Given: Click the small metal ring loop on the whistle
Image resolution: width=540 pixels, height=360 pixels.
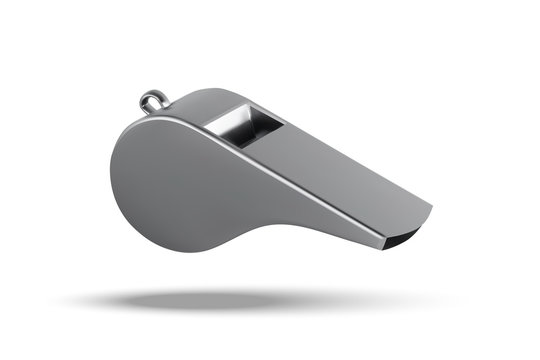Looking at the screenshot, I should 153,100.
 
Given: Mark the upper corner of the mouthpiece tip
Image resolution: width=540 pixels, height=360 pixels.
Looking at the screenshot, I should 432,209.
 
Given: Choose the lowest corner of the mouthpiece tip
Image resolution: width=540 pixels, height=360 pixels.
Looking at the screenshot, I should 392,246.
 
